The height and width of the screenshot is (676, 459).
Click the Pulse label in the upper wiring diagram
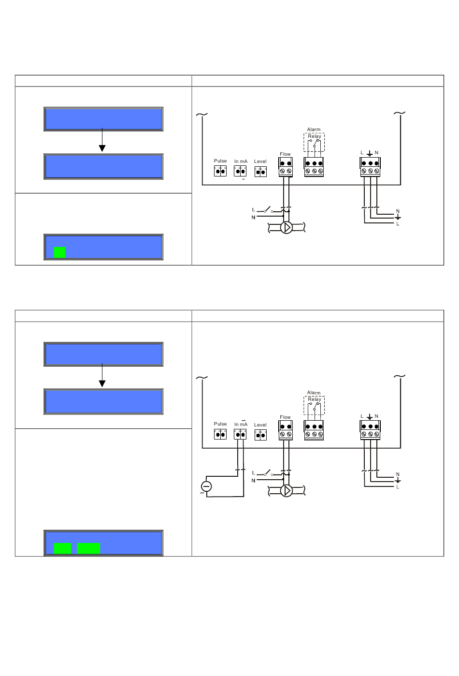point(220,161)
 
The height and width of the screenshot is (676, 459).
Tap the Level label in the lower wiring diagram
point(260,425)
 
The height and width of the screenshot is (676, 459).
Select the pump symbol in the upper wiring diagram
point(286,228)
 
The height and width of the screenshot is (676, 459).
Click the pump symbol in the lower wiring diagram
point(286,491)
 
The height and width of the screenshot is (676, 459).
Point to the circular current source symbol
point(206,486)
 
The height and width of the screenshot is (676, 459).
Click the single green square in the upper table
point(59,252)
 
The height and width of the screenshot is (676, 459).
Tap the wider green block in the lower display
point(88,548)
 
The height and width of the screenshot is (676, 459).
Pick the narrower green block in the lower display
point(62,548)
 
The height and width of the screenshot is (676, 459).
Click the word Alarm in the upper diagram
point(314,130)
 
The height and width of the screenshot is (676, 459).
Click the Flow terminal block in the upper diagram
point(285,167)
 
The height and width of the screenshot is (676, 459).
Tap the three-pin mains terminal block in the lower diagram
point(370,430)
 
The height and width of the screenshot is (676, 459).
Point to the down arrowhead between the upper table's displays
point(102,148)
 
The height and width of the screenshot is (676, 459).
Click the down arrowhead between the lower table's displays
point(102,383)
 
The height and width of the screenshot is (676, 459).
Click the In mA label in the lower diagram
point(241,424)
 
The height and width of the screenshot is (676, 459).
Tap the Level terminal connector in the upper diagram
point(260,172)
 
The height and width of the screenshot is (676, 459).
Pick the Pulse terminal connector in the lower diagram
point(220,435)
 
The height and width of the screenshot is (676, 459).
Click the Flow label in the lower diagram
point(285,417)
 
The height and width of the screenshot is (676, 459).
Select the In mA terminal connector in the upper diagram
point(240,171)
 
